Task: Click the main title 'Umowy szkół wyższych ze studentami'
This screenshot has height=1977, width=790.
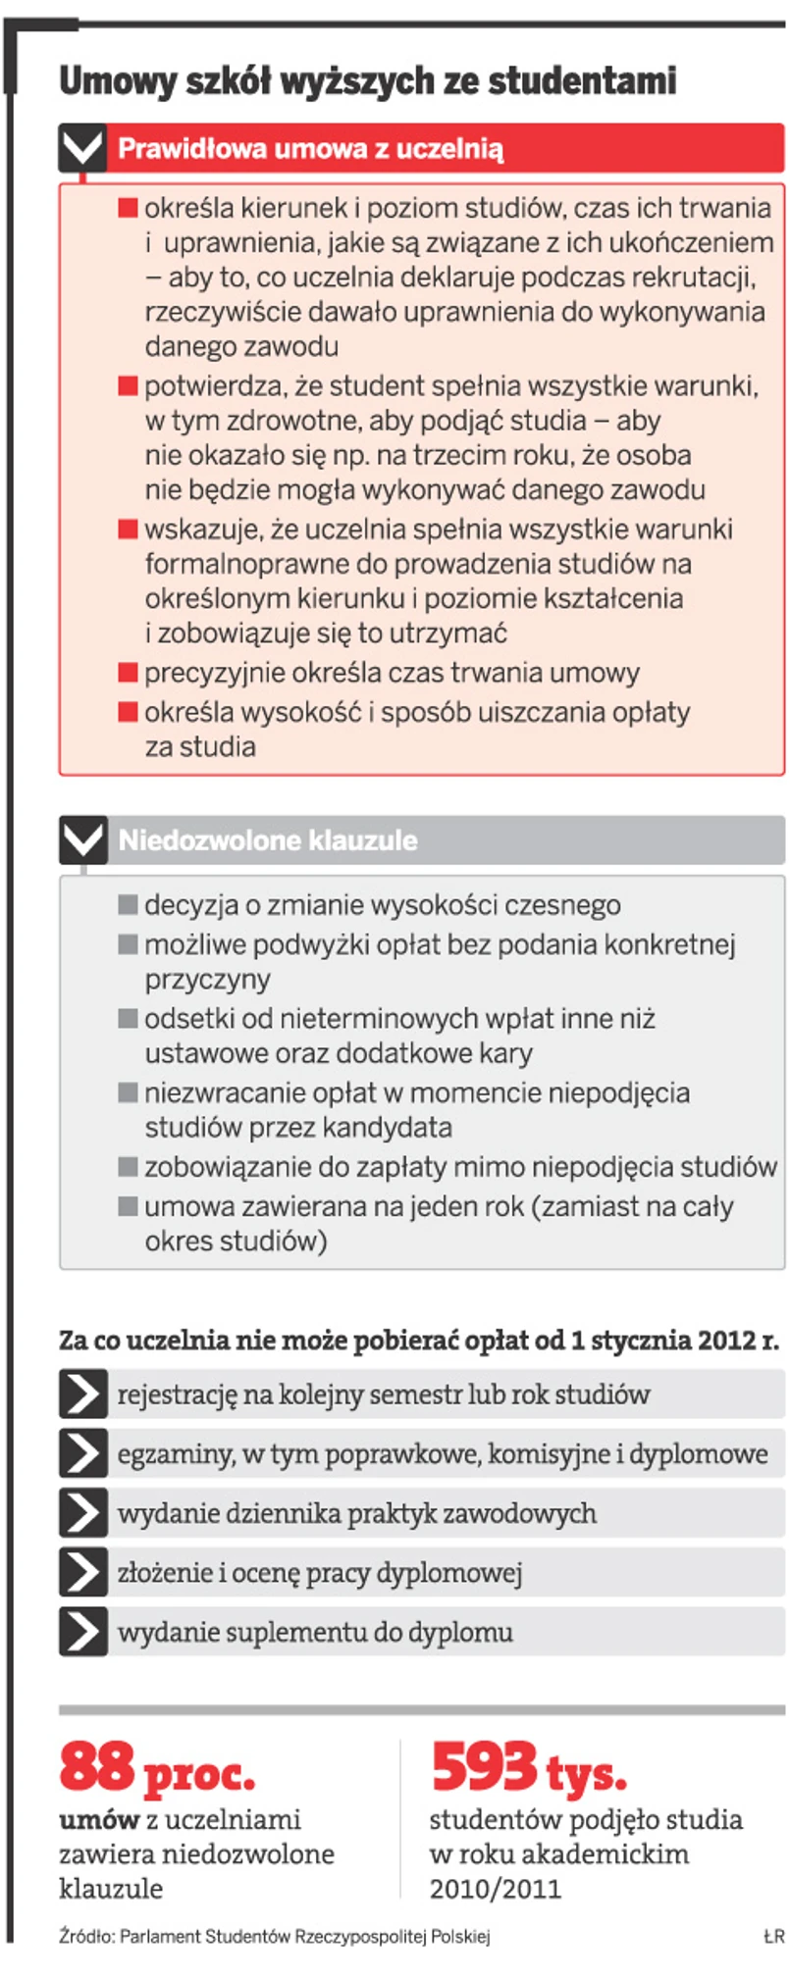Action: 368,81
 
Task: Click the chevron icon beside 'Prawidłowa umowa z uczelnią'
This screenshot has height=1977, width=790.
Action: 82,149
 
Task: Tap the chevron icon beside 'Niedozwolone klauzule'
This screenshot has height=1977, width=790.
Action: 82,840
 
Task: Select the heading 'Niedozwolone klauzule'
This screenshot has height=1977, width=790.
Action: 268,840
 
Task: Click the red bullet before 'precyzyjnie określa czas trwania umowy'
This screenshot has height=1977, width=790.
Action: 128,673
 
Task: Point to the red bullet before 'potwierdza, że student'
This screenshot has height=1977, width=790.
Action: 128,385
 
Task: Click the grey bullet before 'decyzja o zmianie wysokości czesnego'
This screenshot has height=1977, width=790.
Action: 128,904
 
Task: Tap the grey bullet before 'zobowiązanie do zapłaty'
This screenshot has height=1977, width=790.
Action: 128,1167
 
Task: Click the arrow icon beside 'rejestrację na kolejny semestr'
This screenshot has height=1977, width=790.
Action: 83,1394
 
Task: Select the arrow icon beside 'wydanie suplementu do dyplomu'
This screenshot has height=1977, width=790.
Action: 83,1632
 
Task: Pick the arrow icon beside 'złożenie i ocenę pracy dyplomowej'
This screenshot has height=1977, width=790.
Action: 83,1573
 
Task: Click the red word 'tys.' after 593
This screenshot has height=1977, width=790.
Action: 586,1773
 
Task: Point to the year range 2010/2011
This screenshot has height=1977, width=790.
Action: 495,1889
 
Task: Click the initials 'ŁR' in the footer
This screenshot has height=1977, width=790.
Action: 773,1937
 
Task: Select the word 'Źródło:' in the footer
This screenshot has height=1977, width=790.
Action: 86,1937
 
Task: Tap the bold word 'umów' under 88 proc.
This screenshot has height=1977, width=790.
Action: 99,1820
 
